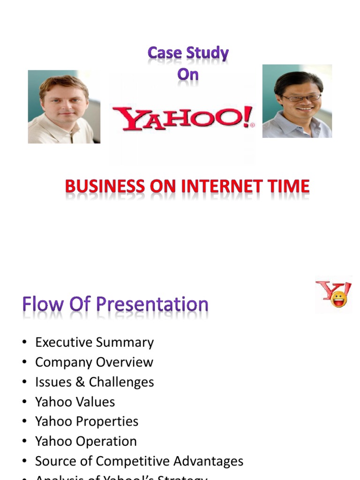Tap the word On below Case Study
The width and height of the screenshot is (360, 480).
coord(187,75)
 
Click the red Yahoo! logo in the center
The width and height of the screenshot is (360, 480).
coord(183,118)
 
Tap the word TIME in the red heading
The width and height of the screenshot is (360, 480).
coord(288,187)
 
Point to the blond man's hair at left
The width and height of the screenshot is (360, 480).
coord(63,82)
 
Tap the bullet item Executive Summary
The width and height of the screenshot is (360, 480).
coord(94,342)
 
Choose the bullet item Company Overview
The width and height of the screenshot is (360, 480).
coord(94,362)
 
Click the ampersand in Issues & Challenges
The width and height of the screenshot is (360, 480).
coord(81,382)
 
